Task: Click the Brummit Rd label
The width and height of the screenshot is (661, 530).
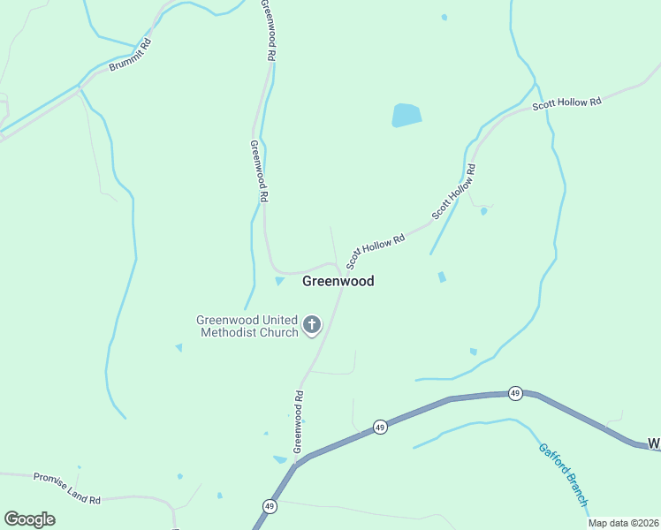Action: [130, 55]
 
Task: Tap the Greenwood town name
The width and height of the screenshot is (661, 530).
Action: [338, 281]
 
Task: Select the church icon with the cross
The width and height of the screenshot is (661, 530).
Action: [311, 325]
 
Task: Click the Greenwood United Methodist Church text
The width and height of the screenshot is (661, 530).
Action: [248, 326]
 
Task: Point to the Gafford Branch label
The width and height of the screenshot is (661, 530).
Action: [563, 473]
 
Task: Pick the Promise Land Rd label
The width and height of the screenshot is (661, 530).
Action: [67, 488]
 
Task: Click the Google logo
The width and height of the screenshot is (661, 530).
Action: [29, 519]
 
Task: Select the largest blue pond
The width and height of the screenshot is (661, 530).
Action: [406, 115]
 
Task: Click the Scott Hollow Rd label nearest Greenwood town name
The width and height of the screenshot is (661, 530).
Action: [376, 250]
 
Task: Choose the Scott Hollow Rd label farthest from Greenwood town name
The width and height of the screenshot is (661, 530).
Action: [566, 103]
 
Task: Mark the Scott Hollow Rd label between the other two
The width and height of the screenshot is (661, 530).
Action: [454, 192]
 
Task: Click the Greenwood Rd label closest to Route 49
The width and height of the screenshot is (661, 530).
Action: [299, 421]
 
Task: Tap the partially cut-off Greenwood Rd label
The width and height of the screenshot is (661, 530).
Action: [268, 28]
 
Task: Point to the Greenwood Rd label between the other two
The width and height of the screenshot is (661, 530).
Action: [258, 171]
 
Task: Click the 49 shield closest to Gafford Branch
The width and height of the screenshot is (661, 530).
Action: [515, 392]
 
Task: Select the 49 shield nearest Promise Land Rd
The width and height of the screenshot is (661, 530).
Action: [269, 506]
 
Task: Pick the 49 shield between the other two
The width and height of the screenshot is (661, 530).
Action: [379, 427]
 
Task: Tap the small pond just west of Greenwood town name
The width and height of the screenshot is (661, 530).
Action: [280, 281]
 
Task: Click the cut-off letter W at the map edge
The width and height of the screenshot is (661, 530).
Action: [654, 443]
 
